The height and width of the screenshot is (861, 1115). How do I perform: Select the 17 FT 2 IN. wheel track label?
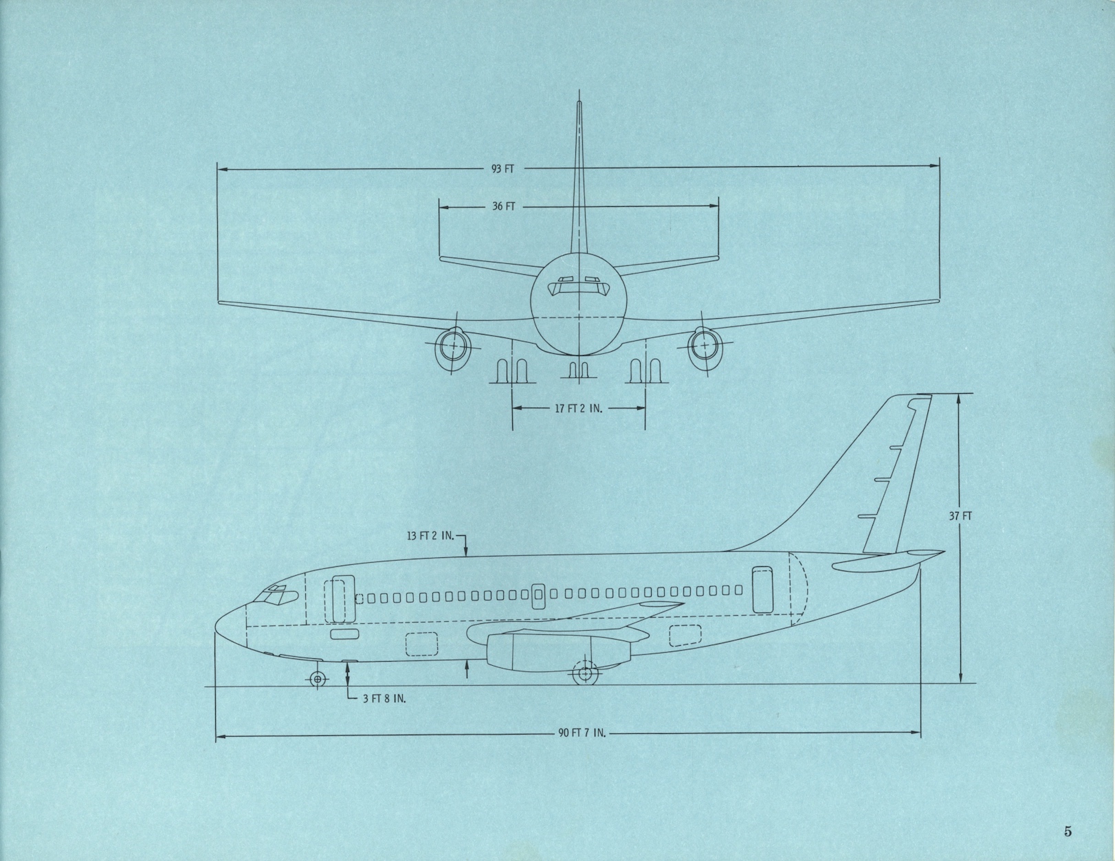click(x=578, y=408)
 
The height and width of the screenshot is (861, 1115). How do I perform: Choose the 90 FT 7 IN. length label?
click(x=582, y=733)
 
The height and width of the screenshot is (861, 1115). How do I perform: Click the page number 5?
click(x=1068, y=831)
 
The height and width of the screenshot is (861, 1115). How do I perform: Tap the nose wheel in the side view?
click(x=317, y=679)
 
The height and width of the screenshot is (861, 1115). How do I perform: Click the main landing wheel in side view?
click(x=584, y=674)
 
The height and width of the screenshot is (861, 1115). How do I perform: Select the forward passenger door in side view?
click(x=338, y=600)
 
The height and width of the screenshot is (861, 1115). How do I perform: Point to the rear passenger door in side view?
click(x=762, y=589)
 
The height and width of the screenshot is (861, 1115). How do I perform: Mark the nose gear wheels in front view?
click(x=578, y=371)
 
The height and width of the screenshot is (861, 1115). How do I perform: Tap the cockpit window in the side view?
click(x=276, y=596)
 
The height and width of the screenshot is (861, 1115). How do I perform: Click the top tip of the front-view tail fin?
click(x=578, y=104)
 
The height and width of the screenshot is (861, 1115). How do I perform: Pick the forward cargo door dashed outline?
click(x=422, y=644)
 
